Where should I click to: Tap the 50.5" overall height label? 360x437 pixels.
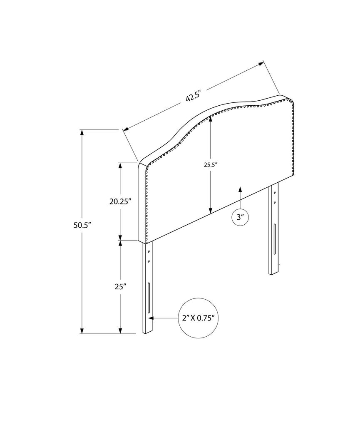click(82, 226)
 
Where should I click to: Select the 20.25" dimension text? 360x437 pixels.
click(120, 201)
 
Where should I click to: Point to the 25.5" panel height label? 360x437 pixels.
click(211, 164)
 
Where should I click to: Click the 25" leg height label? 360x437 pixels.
click(120, 286)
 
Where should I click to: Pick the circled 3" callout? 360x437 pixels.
click(240, 217)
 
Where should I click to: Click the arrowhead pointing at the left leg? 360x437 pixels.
click(151, 318)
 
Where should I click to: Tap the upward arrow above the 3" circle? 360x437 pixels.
click(240, 189)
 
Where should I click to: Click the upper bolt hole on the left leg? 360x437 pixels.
click(149, 252)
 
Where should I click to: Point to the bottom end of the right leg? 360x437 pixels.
click(273, 273)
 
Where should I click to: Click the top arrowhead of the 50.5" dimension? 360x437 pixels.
click(82, 133)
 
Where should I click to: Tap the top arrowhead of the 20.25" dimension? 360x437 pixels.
click(120, 165)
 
